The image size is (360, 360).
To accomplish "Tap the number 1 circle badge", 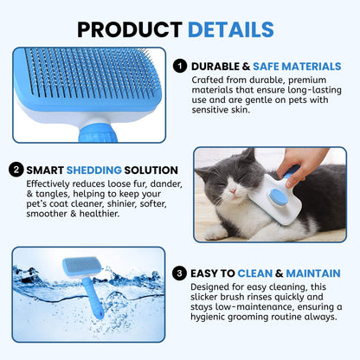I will point(179,64).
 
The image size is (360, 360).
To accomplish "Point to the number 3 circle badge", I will point(179,274).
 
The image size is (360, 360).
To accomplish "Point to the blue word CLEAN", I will point(264,274).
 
